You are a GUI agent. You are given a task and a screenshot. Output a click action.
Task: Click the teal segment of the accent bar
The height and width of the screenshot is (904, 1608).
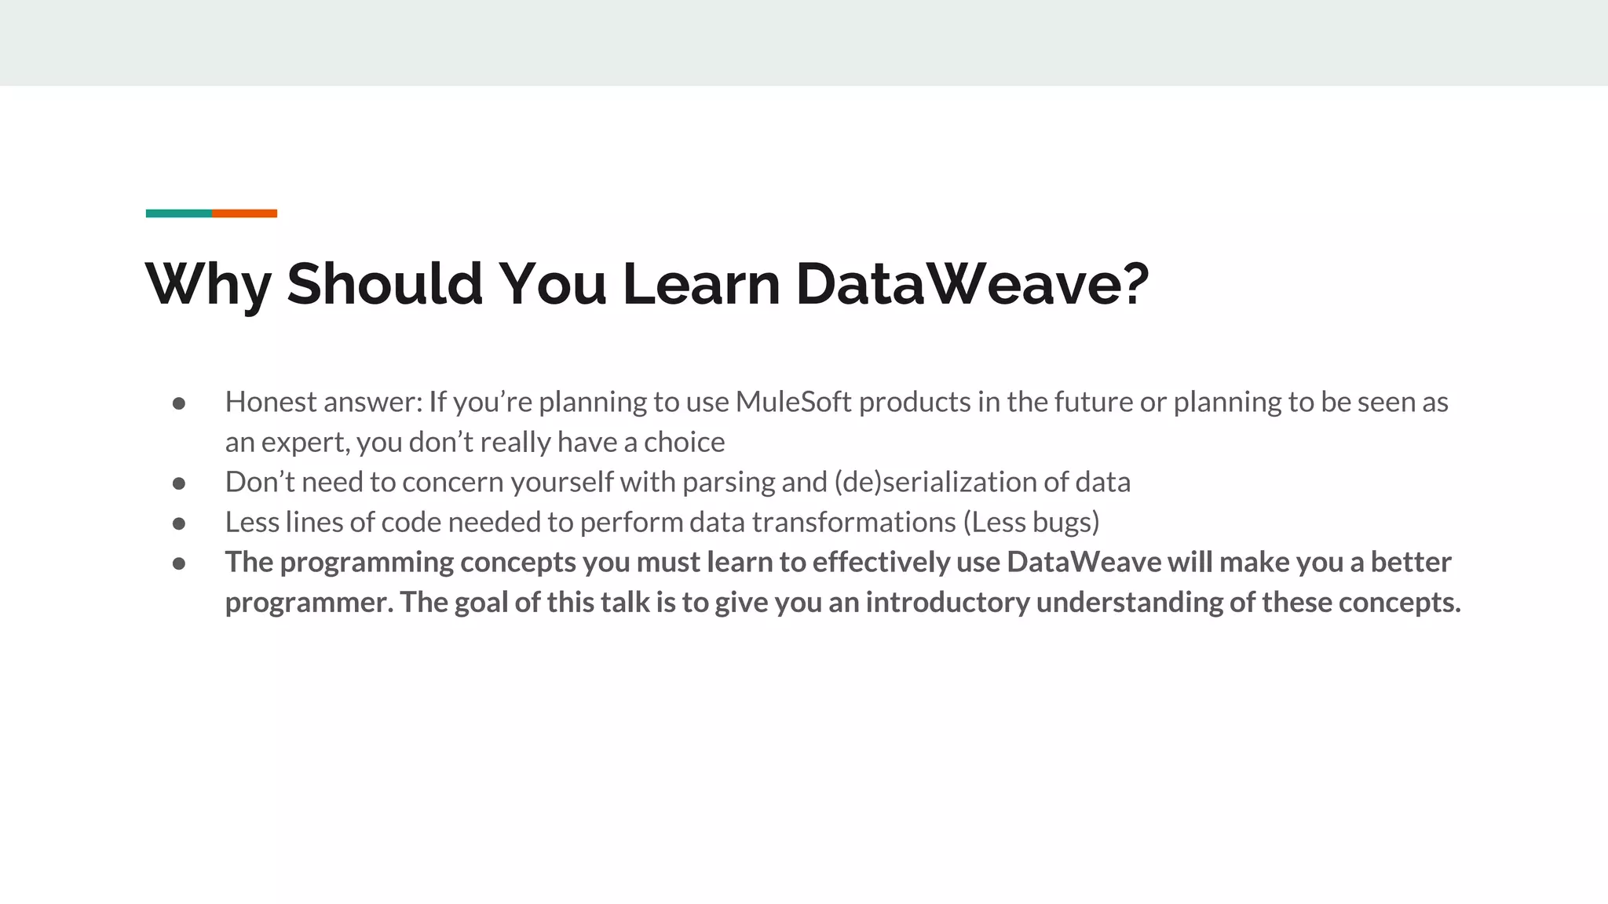pyautogui.click(x=178, y=213)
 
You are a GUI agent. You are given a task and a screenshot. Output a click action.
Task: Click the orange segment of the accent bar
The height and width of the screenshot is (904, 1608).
pyautogui.click(x=244, y=213)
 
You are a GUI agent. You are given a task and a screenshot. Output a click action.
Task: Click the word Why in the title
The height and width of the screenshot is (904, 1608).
pyautogui.click(x=208, y=284)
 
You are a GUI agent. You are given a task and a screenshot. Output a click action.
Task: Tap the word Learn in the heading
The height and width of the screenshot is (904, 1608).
pyautogui.click(x=700, y=284)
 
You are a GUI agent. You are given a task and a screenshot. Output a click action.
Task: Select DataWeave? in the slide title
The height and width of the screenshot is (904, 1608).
pyautogui.click(x=972, y=284)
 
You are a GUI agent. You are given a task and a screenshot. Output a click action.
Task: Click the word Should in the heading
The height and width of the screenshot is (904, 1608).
pyautogui.click(x=385, y=284)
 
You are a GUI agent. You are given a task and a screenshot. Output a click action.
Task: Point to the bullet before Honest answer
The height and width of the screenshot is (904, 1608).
pyautogui.click(x=179, y=403)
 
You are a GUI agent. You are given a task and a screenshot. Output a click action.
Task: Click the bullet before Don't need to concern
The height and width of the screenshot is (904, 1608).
pyautogui.click(x=179, y=483)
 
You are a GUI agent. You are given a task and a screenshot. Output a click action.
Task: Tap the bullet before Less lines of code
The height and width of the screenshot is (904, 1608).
pyautogui.click(x=179, y=523)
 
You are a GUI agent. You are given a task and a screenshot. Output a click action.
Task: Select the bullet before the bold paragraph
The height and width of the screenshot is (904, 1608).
pyautogui.click(x=179, y=563)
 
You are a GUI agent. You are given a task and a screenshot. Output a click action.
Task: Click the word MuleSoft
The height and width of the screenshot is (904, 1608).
pyautogui.click(x=793, y=402)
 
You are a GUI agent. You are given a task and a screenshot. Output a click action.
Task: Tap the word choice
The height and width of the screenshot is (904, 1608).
pyautogui.click(x=684, y=443)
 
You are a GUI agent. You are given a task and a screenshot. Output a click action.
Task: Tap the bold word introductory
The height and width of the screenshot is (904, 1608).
pyautogui.click(x=947, y=603)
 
